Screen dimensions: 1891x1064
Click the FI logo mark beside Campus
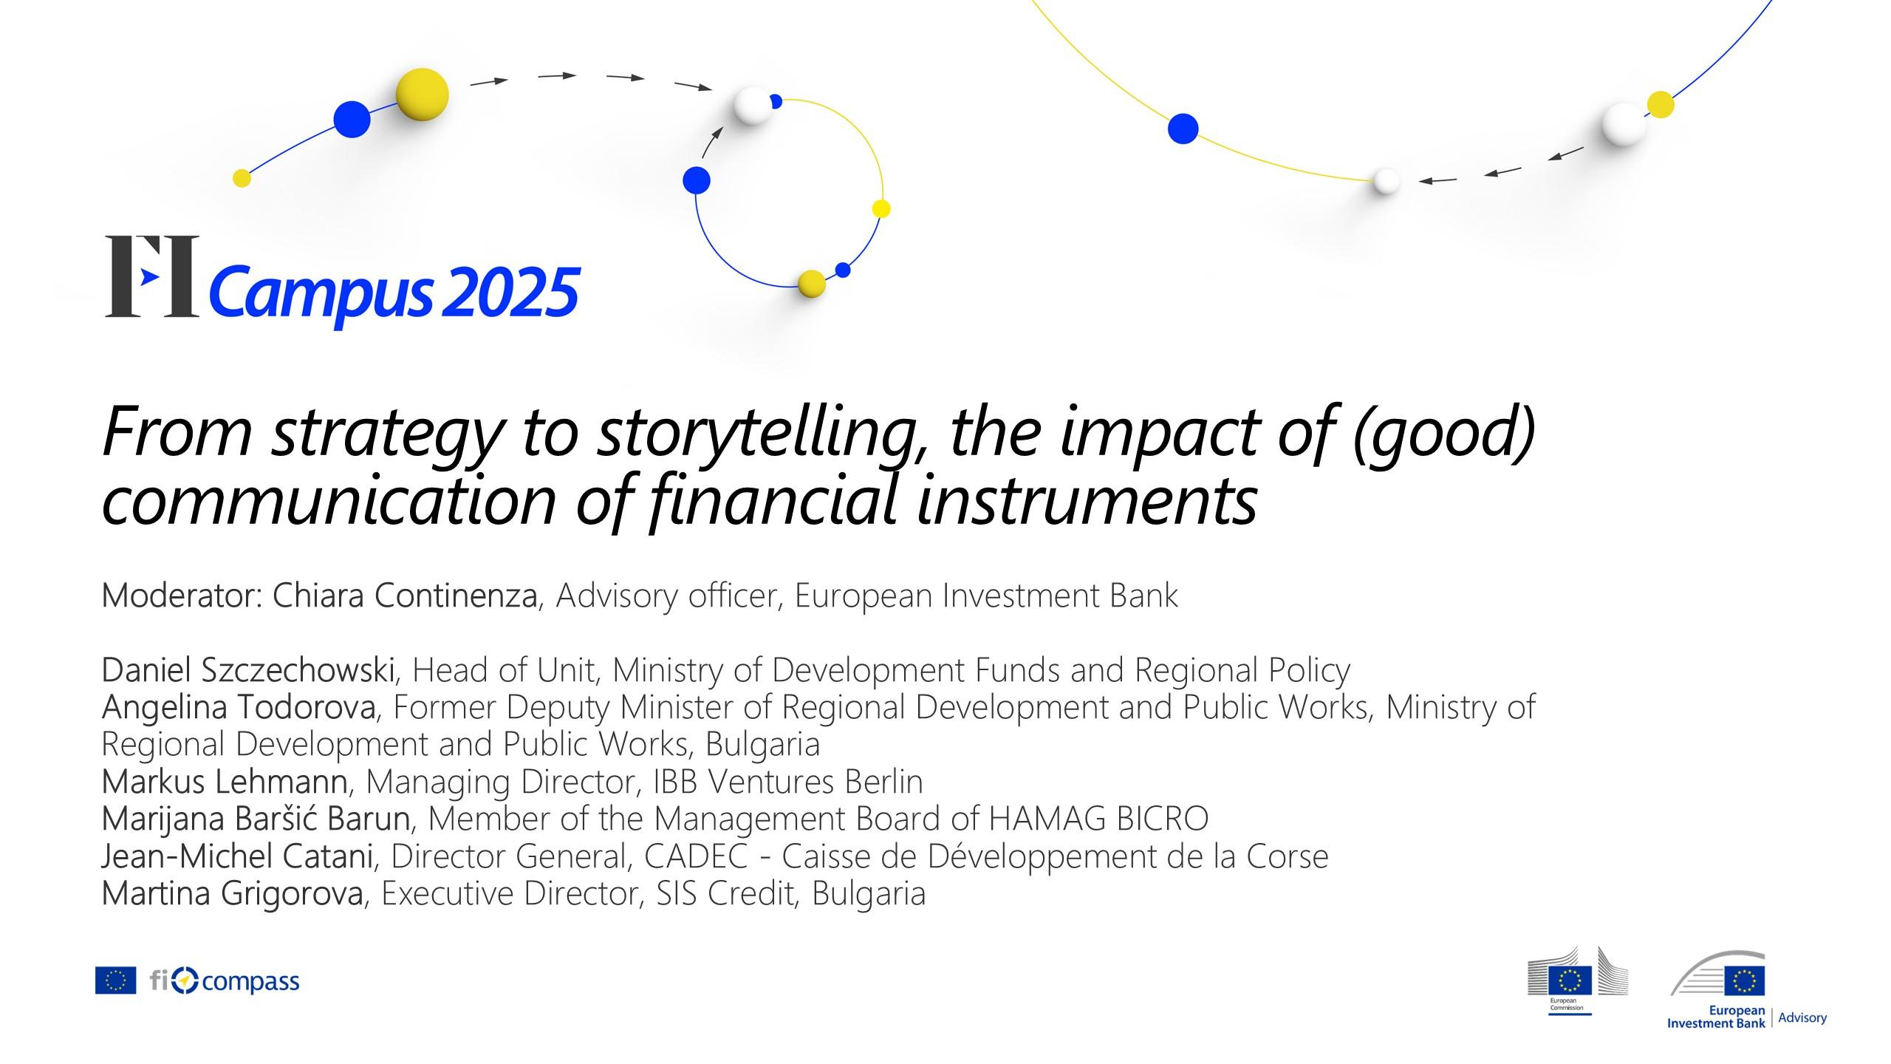(x=152, y=276)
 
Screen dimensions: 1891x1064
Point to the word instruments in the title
(x=1087, y=500)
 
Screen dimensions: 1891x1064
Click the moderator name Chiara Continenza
(x=405, y=596)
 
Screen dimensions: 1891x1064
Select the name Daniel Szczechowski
(x=248, y=671)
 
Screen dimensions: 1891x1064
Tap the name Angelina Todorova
(x=239, y=708)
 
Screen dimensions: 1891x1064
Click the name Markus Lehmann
(x=225, y=782)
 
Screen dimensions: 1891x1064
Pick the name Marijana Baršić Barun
(x=256, y=819)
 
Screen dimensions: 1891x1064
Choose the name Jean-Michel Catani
(x=237, y=856)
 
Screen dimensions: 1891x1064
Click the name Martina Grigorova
(x=233, y=893)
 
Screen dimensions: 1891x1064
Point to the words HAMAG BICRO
(x=1098, y=819)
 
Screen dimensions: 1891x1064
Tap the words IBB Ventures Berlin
(x=788, y=782)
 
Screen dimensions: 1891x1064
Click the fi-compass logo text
(x=225, y=981)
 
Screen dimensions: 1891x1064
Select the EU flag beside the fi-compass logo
(x=116, y=981)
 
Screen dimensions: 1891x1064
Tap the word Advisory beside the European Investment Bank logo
(x=1802, y=1018)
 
